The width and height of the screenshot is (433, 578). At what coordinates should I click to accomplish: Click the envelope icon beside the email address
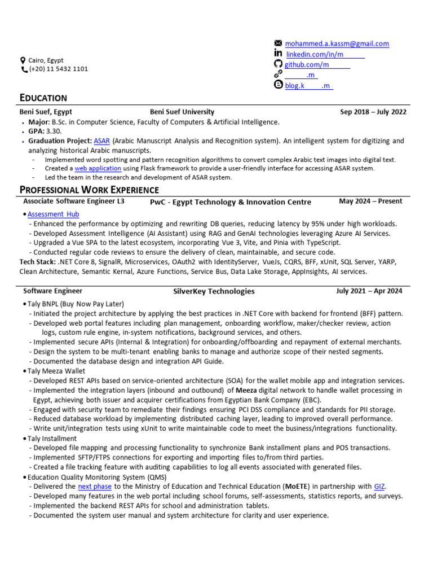[x=277, y=43]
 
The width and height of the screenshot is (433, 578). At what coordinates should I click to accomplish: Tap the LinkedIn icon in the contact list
[x=277, y=54]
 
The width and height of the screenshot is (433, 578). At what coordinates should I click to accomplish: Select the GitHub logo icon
[x=277, y=64]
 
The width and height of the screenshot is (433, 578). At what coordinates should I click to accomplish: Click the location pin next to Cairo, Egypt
[x=23, y=60]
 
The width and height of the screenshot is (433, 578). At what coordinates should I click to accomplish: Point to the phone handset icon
[x=24, y=69]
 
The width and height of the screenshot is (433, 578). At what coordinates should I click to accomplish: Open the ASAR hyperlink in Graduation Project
[x=101, y=141]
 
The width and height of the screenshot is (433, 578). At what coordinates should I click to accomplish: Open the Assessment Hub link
[x=53, y=214]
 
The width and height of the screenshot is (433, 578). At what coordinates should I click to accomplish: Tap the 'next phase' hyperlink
[x=95, y=486]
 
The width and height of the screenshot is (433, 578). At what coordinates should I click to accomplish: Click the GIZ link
[x=380, y=486]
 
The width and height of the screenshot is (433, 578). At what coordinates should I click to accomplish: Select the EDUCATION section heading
[x=43, y=98]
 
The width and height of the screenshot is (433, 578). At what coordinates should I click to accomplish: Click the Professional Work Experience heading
[x=89, y=190]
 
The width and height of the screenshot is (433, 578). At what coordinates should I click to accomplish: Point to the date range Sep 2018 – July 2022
[x=373, y=112]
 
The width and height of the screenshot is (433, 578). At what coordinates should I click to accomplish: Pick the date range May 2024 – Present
[x=370, y=202]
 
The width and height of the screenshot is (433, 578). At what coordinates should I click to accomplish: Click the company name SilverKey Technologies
[x=214, y=291]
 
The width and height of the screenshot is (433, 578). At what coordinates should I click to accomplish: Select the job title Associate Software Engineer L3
[x=74, y=201]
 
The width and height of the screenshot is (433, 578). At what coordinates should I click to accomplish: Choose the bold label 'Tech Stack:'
[x=37, y=262]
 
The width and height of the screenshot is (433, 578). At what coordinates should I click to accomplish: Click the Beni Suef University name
[x=182, y=112]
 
